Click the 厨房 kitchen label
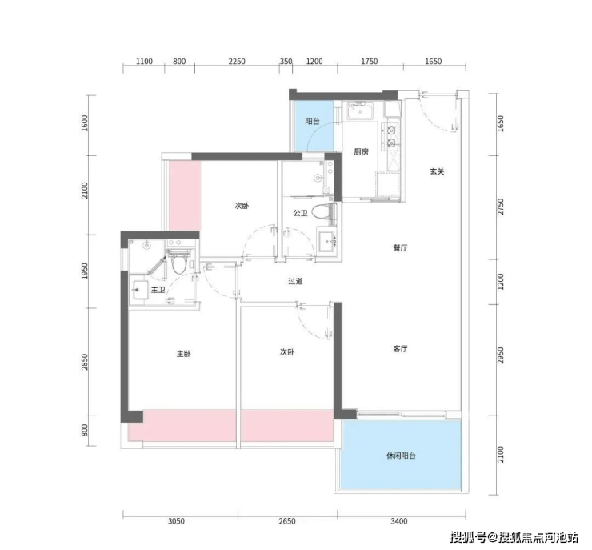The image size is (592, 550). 361,152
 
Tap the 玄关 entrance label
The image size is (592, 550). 437,171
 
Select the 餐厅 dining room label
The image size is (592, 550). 400,248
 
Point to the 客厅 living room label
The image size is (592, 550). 400,349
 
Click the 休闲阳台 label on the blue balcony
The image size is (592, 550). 401,456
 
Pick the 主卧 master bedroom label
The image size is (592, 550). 184,354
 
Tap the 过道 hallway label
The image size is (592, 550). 295,282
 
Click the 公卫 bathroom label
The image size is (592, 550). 300,214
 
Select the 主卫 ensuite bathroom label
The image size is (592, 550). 158,290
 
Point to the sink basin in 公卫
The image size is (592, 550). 327,240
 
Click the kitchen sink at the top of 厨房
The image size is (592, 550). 360,111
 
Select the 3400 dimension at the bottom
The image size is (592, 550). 399,521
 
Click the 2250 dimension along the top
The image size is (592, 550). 237,61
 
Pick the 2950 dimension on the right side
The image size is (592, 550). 500,355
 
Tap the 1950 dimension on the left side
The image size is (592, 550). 85,271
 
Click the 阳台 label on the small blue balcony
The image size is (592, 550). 313,122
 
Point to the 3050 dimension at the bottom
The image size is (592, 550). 176,521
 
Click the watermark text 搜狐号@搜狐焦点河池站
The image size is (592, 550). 514,536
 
